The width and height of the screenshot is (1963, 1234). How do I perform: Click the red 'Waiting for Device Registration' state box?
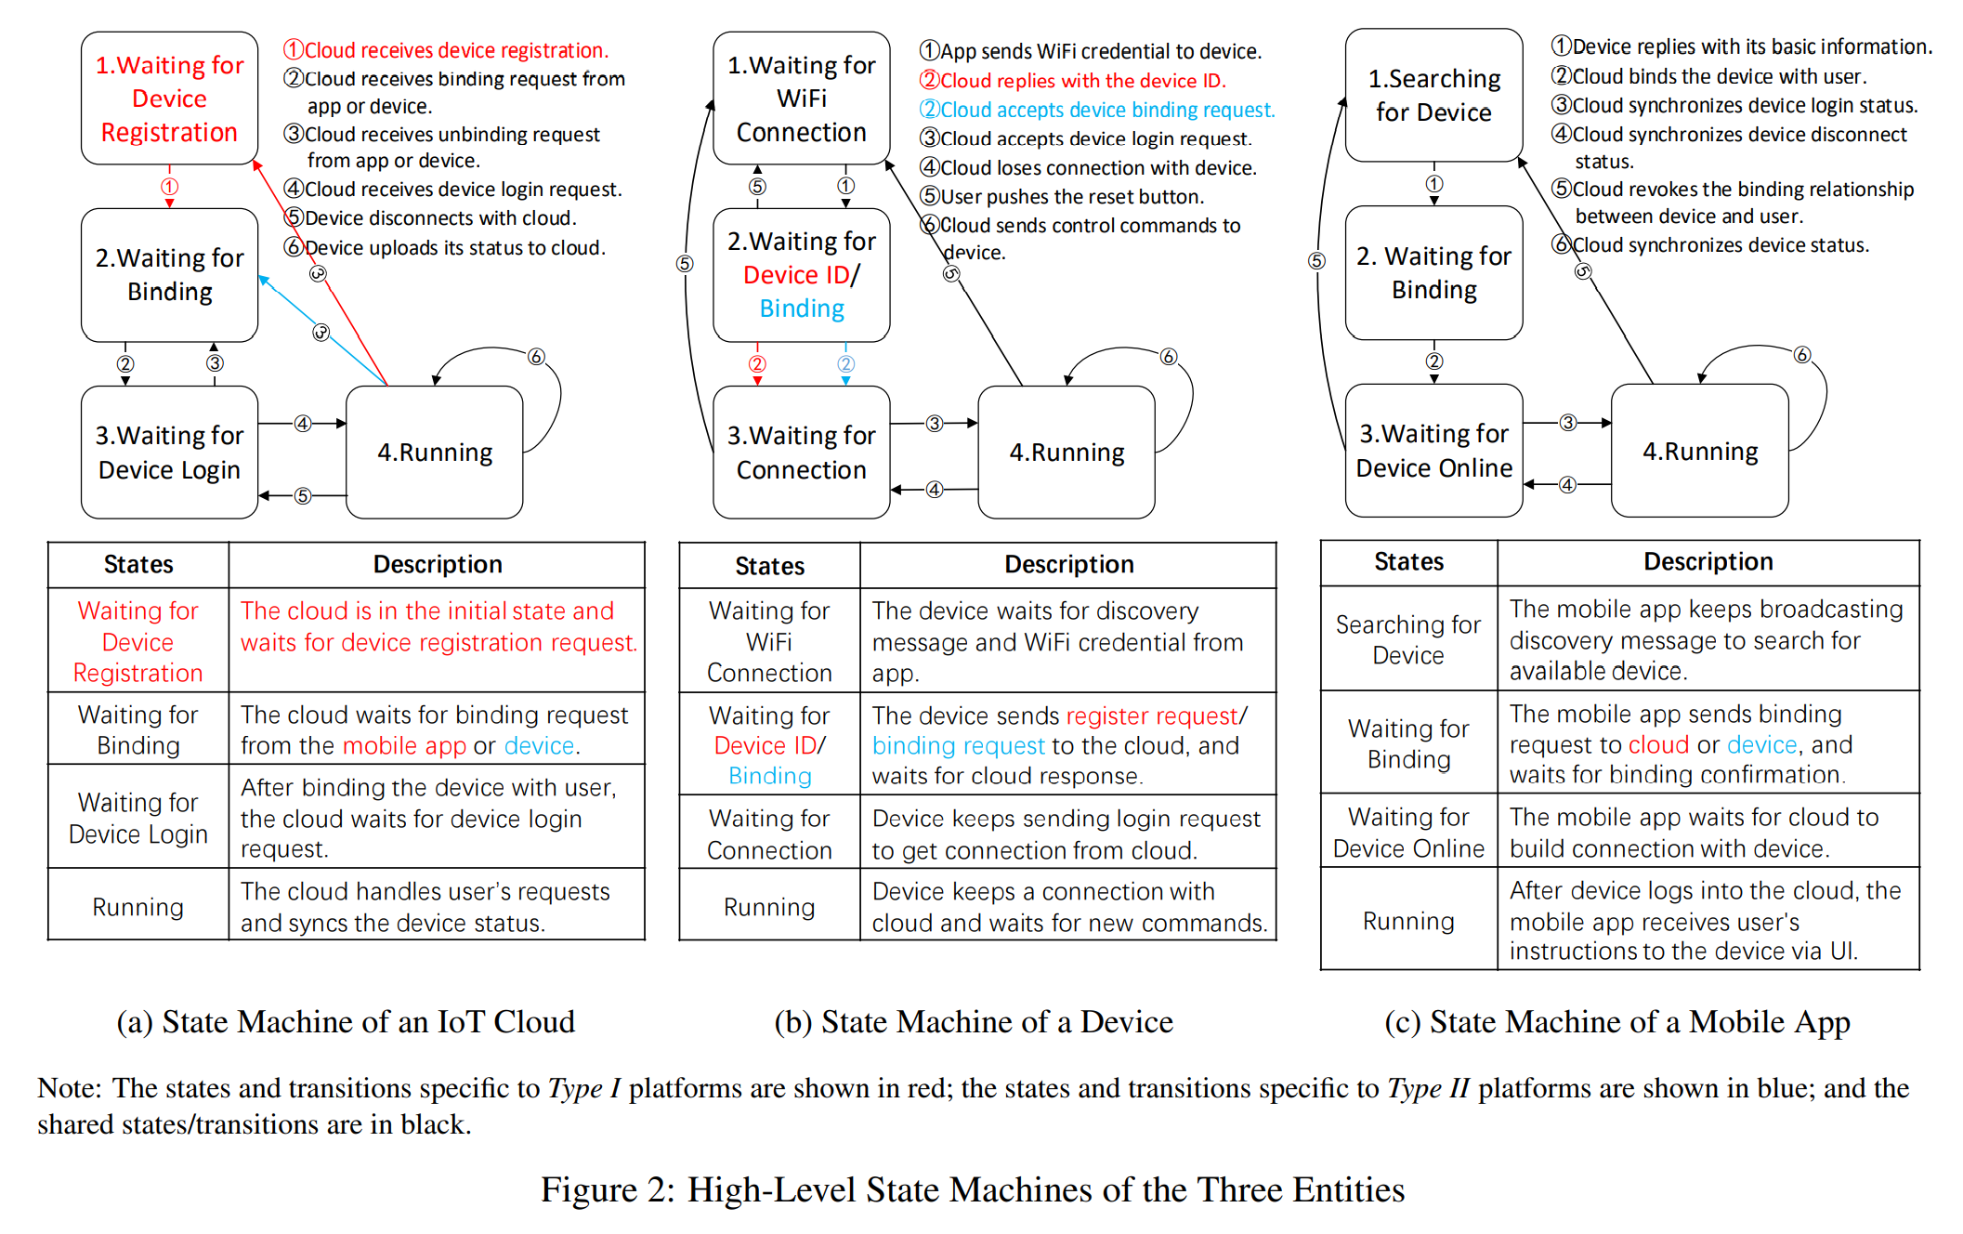point(169,98)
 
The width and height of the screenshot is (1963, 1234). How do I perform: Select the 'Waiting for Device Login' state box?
point(169,453)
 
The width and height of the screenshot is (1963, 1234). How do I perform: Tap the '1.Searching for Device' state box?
point(1433,96)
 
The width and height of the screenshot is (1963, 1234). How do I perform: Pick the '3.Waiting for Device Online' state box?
point(1433,451)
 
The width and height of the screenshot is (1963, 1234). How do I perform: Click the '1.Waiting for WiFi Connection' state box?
point(801,98)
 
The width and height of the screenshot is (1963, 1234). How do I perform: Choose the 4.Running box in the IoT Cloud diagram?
point(434,453)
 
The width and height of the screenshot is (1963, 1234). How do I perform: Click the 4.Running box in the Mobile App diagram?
point(1699,452)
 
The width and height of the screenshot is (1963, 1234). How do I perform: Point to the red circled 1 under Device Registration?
point(169,187)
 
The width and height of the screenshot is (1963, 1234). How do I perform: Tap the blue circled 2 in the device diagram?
point(845,364)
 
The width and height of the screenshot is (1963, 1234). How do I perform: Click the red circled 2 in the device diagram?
point(757,364)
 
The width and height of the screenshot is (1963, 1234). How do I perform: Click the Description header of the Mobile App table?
point(1708,562)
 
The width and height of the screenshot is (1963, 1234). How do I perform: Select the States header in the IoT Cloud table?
point(138,564)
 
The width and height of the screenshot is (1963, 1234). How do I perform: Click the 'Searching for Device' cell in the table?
point(1407,639)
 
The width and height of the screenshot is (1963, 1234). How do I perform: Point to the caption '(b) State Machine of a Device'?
point(973,1022)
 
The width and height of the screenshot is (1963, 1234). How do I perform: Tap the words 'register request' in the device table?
point(1152,715)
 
